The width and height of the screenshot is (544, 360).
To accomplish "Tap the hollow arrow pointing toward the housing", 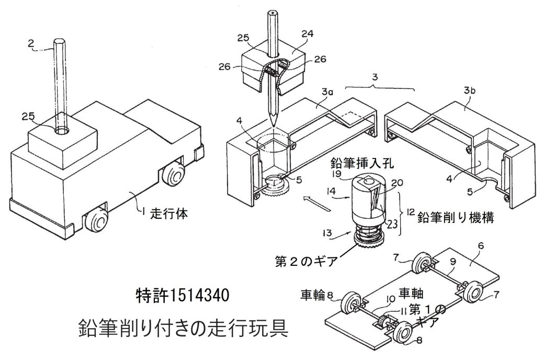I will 317,204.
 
